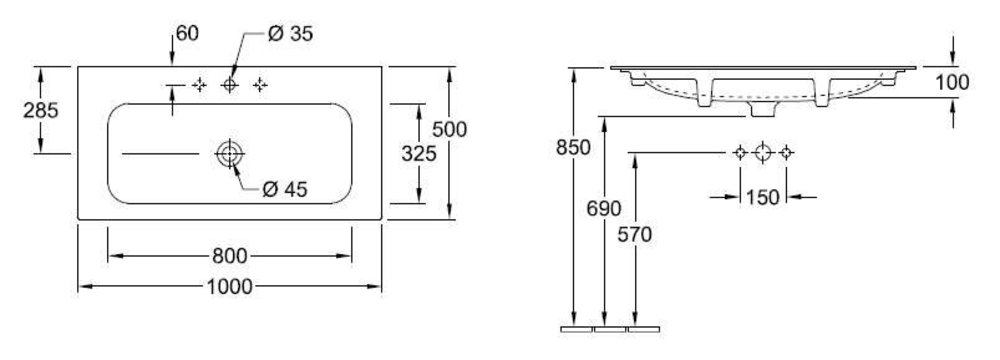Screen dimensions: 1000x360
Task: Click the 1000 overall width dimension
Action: (x=230, y=287)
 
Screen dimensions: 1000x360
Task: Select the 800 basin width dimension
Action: (x=230, y=257)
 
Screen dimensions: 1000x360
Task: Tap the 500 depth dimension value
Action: (x=450, y=130)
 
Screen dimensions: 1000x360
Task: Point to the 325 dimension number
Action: (x=419, y=153)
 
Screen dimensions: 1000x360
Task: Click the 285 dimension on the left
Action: (x=41, y=110)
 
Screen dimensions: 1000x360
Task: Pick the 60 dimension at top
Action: (x=188, y=33)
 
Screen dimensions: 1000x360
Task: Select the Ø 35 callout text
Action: (x=291, y=34)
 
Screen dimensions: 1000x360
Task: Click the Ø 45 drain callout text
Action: (x=285, y=189)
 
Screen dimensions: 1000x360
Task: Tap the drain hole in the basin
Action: (x=230, y=154)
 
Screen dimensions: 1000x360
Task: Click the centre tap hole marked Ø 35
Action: (x=230, y=84)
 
